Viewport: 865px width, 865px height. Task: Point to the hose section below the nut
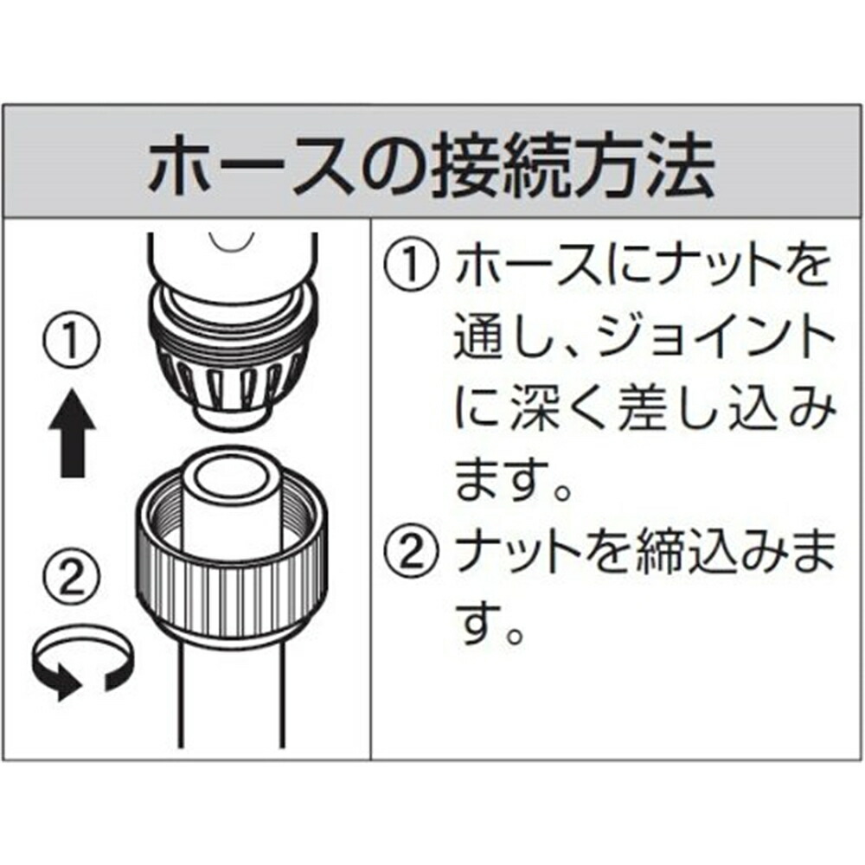coord(232,692)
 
